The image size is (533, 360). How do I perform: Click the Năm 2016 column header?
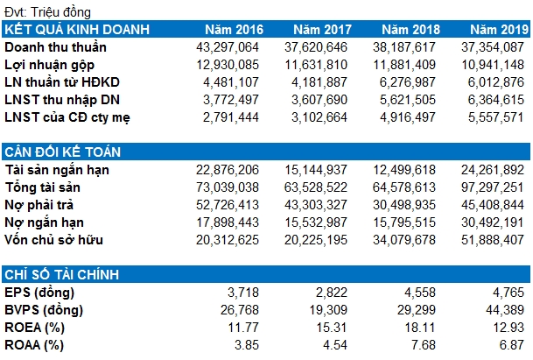pos(234,30)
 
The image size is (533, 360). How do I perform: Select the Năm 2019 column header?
pos(500,30)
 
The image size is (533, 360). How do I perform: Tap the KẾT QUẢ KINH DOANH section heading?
pos(77,29)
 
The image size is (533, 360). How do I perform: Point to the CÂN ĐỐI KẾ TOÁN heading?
pos(63,152)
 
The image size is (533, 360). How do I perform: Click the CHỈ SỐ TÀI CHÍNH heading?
pos(62,274)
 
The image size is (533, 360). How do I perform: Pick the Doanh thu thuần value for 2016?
pos(228,47)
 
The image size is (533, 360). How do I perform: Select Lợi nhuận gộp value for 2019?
pos(493,65)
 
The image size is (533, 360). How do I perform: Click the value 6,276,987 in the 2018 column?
pos(407,82)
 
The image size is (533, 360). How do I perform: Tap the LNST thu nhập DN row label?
pos(62,100)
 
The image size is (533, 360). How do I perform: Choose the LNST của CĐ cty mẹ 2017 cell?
pos(319,117)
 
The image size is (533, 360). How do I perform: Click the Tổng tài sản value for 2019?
pos(493,187)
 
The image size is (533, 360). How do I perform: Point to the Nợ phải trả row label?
pos(39,205)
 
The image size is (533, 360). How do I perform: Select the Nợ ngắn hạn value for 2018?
pos(404,222)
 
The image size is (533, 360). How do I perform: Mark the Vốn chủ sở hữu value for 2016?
pos(228,240)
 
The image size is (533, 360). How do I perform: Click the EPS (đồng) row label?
pos(39,293)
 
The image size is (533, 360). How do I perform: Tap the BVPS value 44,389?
pos(505,310)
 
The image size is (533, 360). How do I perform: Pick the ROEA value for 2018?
pos(420,328)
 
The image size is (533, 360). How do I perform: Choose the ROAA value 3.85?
pos(247,345)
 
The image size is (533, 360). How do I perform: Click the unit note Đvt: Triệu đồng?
pos(47,12)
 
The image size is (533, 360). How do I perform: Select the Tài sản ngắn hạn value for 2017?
pos(316,170)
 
